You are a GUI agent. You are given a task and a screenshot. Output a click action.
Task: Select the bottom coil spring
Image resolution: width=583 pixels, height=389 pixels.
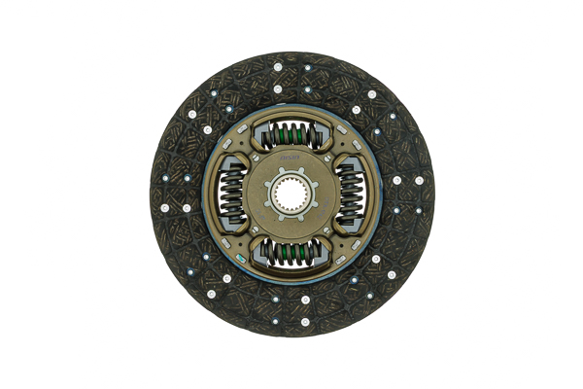291,255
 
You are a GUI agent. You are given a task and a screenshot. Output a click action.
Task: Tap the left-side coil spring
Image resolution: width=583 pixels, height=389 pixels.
231,194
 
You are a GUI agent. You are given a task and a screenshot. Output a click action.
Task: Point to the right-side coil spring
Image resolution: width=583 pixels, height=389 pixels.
352,194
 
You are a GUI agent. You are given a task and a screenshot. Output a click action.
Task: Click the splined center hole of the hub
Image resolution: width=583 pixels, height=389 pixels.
291,194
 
